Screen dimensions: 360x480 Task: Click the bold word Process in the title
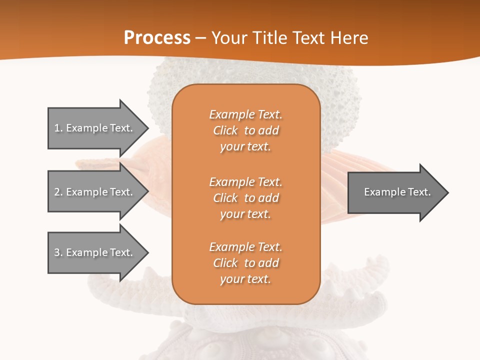[157, 38]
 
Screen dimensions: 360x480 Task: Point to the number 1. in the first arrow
[58, 128]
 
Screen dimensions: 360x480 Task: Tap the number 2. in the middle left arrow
[58, 192]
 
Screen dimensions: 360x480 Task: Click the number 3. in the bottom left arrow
[58, 252]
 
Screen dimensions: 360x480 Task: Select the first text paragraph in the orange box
[245, 130]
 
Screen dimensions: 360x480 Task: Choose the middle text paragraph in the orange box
[245, 198]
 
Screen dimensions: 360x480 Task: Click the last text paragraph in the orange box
[245, 263]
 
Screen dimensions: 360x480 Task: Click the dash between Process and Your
[201, 38]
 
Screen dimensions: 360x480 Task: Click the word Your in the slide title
[229, 38]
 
